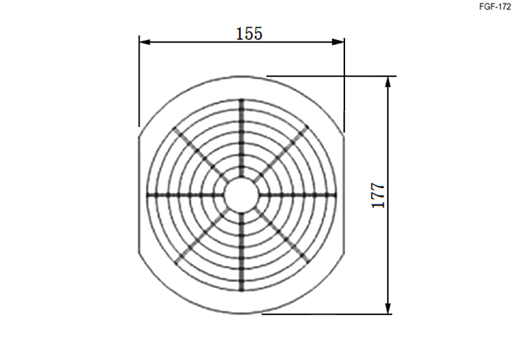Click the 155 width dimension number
249,34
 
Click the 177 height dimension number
377,195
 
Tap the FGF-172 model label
495,7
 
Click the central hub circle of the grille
242,195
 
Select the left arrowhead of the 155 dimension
145,42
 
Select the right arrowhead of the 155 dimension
339,42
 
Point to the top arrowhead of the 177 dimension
388,82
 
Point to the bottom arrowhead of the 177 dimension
388,309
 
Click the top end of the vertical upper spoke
242,98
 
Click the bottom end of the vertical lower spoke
242,291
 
